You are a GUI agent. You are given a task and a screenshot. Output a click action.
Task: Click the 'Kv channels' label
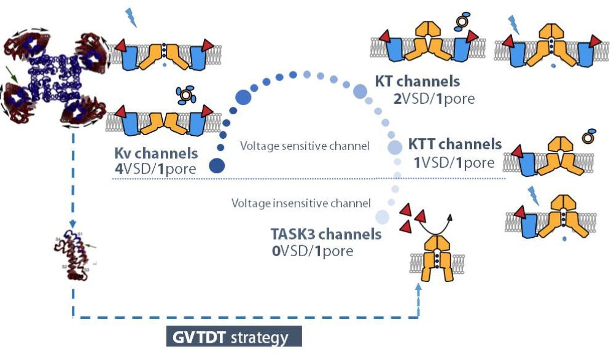[156, 152]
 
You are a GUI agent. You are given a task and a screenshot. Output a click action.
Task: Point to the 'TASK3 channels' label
[326, 234]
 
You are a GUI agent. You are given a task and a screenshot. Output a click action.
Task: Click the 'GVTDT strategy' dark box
[234, 338]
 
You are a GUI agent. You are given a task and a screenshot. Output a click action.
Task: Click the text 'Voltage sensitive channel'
[305, 146]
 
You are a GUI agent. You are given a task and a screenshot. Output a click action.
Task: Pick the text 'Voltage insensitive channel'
[301, 203]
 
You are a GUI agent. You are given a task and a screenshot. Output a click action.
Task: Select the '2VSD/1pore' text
[434, 98]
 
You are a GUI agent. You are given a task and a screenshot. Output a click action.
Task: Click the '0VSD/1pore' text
[313, 251]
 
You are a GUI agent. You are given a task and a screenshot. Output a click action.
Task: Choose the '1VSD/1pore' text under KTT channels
[454, 162]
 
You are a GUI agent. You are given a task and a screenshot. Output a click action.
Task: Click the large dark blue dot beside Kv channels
[216, 165]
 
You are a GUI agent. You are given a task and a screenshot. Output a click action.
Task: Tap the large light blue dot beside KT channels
[360, 92]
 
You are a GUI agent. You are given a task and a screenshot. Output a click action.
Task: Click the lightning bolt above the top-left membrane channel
[131, 17]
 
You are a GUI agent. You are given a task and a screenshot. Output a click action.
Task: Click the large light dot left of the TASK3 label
[382, 216]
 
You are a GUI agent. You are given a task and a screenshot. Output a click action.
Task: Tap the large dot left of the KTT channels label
[394, 147]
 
